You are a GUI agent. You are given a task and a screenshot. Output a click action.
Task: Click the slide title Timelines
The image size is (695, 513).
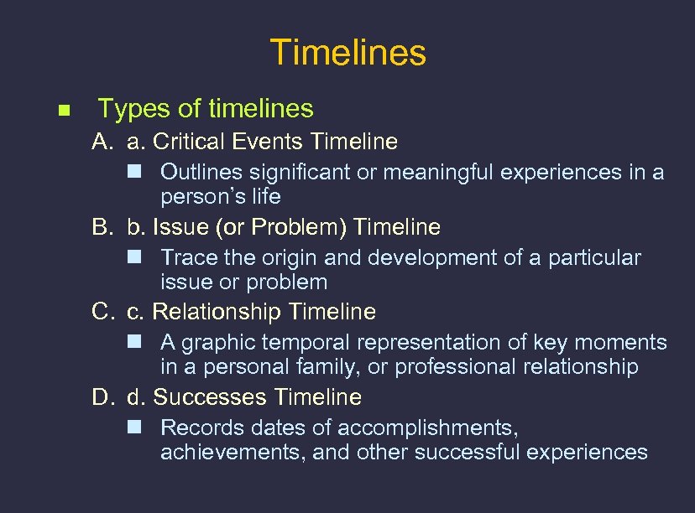click(347, 53)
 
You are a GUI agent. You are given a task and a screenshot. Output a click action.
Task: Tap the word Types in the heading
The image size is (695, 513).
click(126, 109)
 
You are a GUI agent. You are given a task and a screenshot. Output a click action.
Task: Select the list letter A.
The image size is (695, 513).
click(102, 142)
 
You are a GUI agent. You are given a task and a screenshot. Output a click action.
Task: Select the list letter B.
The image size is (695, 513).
click(102, 227)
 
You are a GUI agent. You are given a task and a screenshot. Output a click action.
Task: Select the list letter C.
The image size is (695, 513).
click(102, 312)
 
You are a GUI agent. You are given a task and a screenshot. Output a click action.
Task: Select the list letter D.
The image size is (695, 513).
click(102, 397)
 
